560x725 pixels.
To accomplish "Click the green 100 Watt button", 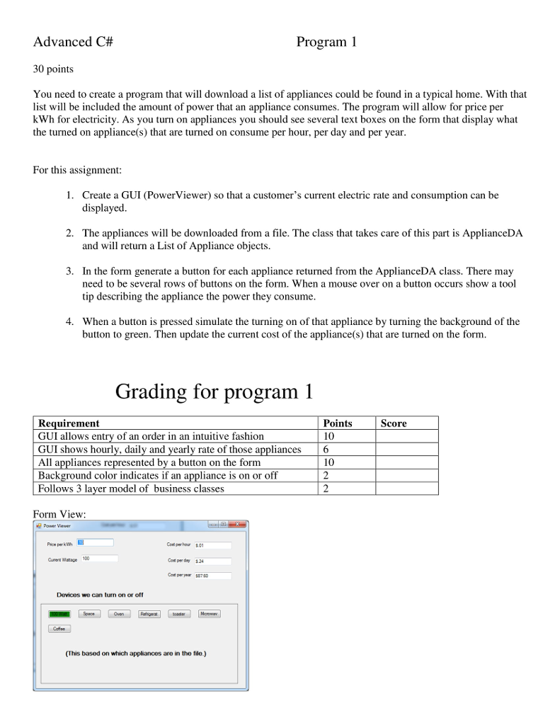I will tap(59, 614).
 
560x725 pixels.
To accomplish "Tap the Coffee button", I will tap(59, 629).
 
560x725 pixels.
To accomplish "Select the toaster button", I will tap(179, 614).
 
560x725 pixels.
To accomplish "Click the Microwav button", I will tap(209, 614).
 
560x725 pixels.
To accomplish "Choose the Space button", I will tap(88, 614).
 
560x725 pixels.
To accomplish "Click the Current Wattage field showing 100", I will tap(98, 559).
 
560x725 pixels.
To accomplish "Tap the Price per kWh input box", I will tap(95, 543).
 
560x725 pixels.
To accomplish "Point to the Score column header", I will tap(394, 423).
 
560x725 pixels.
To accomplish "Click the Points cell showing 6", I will tap(326, 450).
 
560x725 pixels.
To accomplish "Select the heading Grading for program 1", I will tap(214, 392).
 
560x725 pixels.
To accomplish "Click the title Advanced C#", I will tap(74, 42).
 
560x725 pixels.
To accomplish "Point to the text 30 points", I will tap(53, 69).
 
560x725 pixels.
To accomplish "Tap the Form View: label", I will tap(59, 514).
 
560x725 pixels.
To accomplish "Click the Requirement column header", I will tap(69, 423).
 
